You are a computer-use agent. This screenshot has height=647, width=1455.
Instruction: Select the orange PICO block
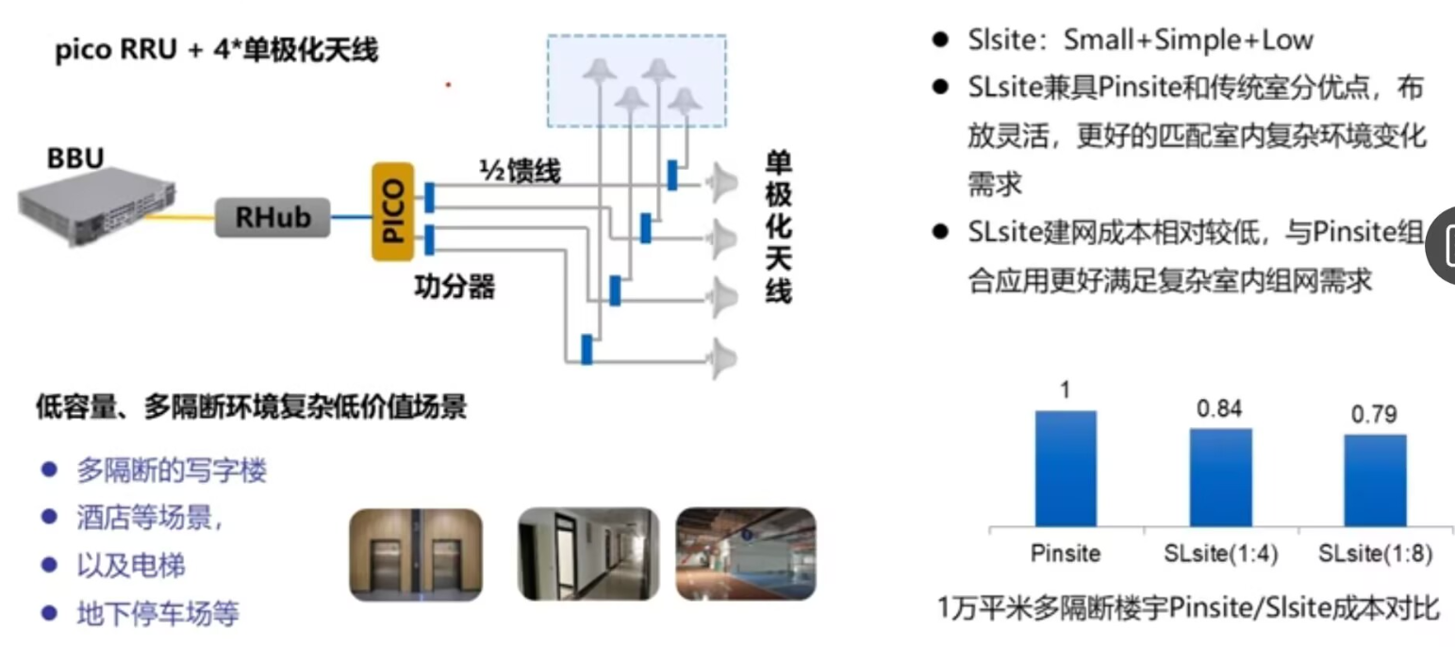(x=393, y=211)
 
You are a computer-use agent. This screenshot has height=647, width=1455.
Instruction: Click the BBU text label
(x=76, y=158)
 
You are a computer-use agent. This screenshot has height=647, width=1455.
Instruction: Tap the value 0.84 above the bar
(x=1219, y=408)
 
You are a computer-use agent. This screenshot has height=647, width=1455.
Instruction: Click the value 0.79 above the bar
(x=1374, y=415)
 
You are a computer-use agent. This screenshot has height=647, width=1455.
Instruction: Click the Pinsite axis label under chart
(x=1066, y=555)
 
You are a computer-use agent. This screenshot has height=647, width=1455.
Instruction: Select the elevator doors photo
(x=416, y=555)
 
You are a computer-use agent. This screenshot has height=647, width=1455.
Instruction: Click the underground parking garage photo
(x=746, y=555)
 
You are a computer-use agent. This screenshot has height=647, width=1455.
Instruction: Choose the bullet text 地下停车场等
(x=157, y=615)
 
